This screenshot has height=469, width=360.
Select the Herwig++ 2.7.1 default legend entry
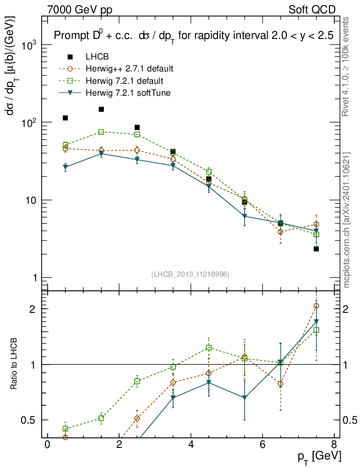129,69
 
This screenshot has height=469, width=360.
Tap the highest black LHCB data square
101,109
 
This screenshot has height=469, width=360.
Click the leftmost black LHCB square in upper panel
65,118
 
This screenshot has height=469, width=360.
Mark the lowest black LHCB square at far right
316,249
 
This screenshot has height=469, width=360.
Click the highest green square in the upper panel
101,132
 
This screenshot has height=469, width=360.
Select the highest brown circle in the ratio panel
316,305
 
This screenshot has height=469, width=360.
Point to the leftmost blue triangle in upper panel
65,167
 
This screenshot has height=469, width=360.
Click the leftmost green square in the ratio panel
65,429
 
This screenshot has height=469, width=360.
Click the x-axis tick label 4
191,445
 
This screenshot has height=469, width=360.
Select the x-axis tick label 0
47,445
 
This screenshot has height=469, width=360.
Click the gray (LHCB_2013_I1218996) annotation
190,274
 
